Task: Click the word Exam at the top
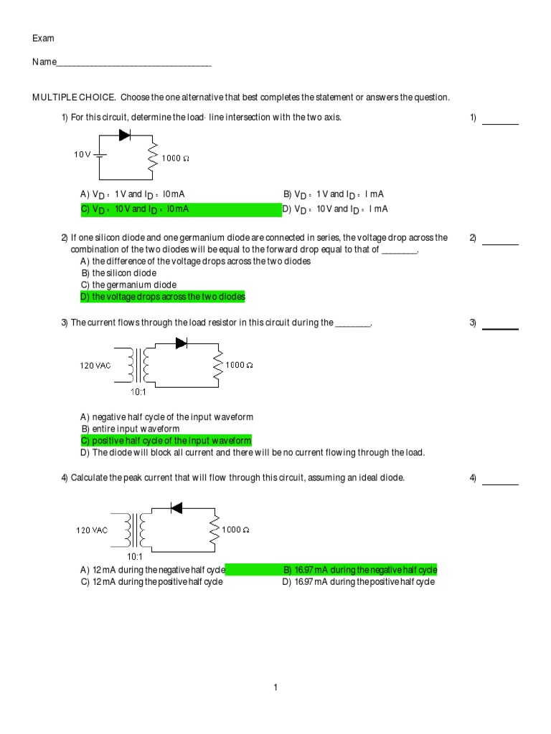pos(43,38)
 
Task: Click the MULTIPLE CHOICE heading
pos(75,97)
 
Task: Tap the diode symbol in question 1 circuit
pos(124,134)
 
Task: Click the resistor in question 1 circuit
pos(152,158)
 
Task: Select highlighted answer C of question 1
pos(135,209)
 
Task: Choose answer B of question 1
pos(334,194)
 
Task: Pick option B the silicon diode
pos(118,273)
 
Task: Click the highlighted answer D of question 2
pos(163,297)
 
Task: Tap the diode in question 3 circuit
pos(181,343)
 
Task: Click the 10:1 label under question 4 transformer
pos(136,556)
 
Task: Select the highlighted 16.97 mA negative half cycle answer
pos(359,570)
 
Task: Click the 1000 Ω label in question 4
pos(236,530)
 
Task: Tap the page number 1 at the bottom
pos(275,688)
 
